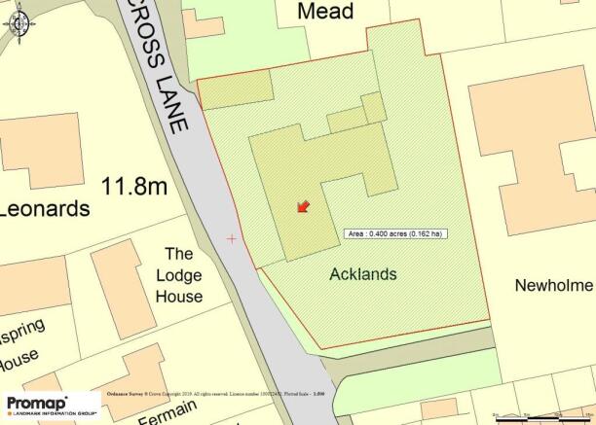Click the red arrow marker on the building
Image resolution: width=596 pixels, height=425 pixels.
click(x=302, y=206)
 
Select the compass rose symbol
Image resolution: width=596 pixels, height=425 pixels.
click(x=20, y=22)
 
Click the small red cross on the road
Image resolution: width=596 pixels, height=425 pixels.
click(x=232, y=238)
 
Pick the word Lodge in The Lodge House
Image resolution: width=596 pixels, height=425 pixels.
click(x=179, y=275)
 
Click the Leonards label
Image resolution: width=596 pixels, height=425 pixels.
click(x=44, y=209)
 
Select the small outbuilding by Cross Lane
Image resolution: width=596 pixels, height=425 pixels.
click(x=235, y=89)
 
